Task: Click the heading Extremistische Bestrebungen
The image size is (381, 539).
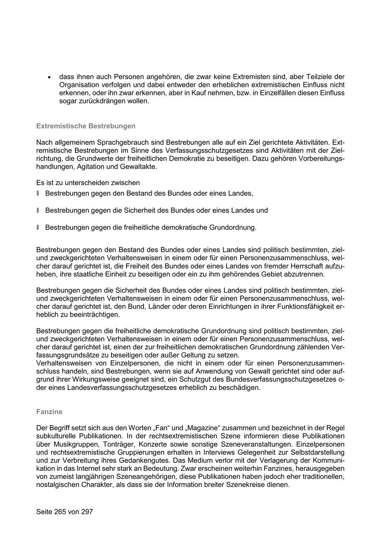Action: click(x=86, y=126)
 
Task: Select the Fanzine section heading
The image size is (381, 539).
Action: click(x=49, y=412)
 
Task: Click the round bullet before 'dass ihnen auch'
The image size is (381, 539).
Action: click(x=49, y=77)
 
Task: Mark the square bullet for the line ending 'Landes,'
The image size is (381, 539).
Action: click(x=38, y=193)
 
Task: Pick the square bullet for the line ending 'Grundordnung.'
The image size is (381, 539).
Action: click(x=38, y=227)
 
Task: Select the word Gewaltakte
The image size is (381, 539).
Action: click(x=140, y=167)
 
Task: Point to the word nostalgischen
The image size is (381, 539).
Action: click(x=58, y=485)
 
